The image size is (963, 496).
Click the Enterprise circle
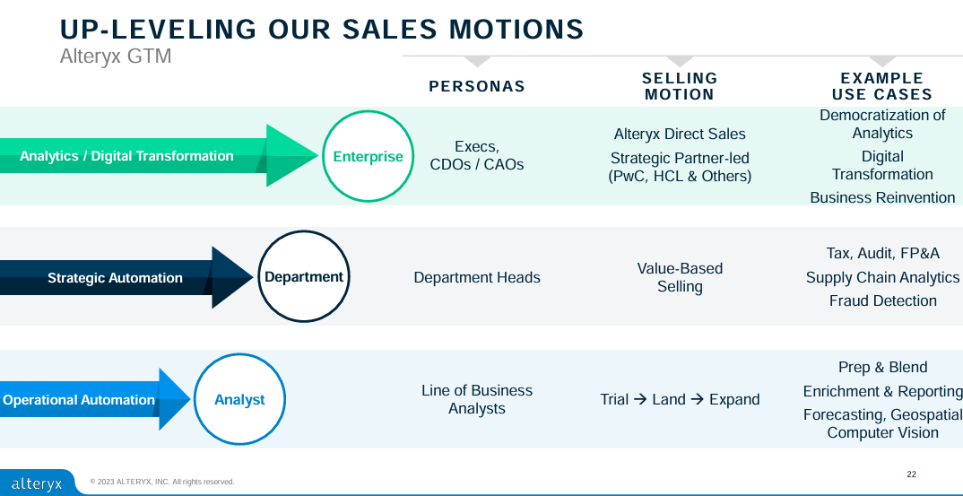[368, 156]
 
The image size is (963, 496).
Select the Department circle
[303, 277]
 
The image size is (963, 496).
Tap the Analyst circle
[239, 400]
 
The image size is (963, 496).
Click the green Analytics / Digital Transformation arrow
[152, 156]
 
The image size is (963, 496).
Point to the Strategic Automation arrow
[117, 278]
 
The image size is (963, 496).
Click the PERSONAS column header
[477, 87]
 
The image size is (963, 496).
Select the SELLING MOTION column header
[680, 87]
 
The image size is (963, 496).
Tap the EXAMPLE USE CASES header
[882, 87]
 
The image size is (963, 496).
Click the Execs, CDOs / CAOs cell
[477, 156]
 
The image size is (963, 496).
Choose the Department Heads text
[477, 278]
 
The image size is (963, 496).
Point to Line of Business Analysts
[477, 400]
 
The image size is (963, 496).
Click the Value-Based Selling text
[680, 278]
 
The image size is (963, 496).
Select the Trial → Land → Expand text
[680, 400]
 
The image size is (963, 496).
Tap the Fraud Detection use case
[883, 301]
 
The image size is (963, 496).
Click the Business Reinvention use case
[882, 198]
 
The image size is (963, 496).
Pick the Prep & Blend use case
[883, 368]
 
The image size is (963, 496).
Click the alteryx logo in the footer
[37, 483]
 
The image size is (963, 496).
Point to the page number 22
[912, 474]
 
